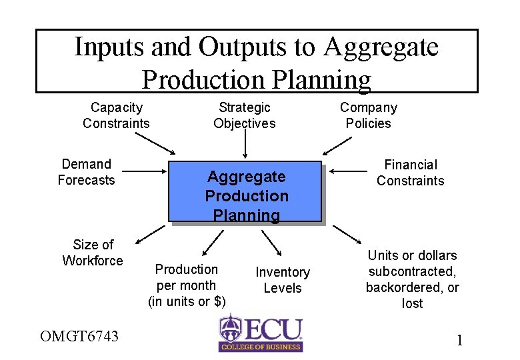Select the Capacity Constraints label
(x=116, y=115)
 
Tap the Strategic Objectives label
(x=244, y=115)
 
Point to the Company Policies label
(x=368, y=115)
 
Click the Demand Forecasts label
(x=86, y=172)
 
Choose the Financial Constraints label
(x=410, y=173)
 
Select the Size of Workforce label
(x=93, y=253)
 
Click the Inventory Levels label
(x=283, y=280)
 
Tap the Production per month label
(x=187, y=285)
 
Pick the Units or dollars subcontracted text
(x=412, y=279)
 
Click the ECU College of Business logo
(x=261, y=333)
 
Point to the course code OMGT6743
(x=79, y=336)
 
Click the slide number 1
(x=459, y=341)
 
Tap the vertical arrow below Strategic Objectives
(x=245, y=143)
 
